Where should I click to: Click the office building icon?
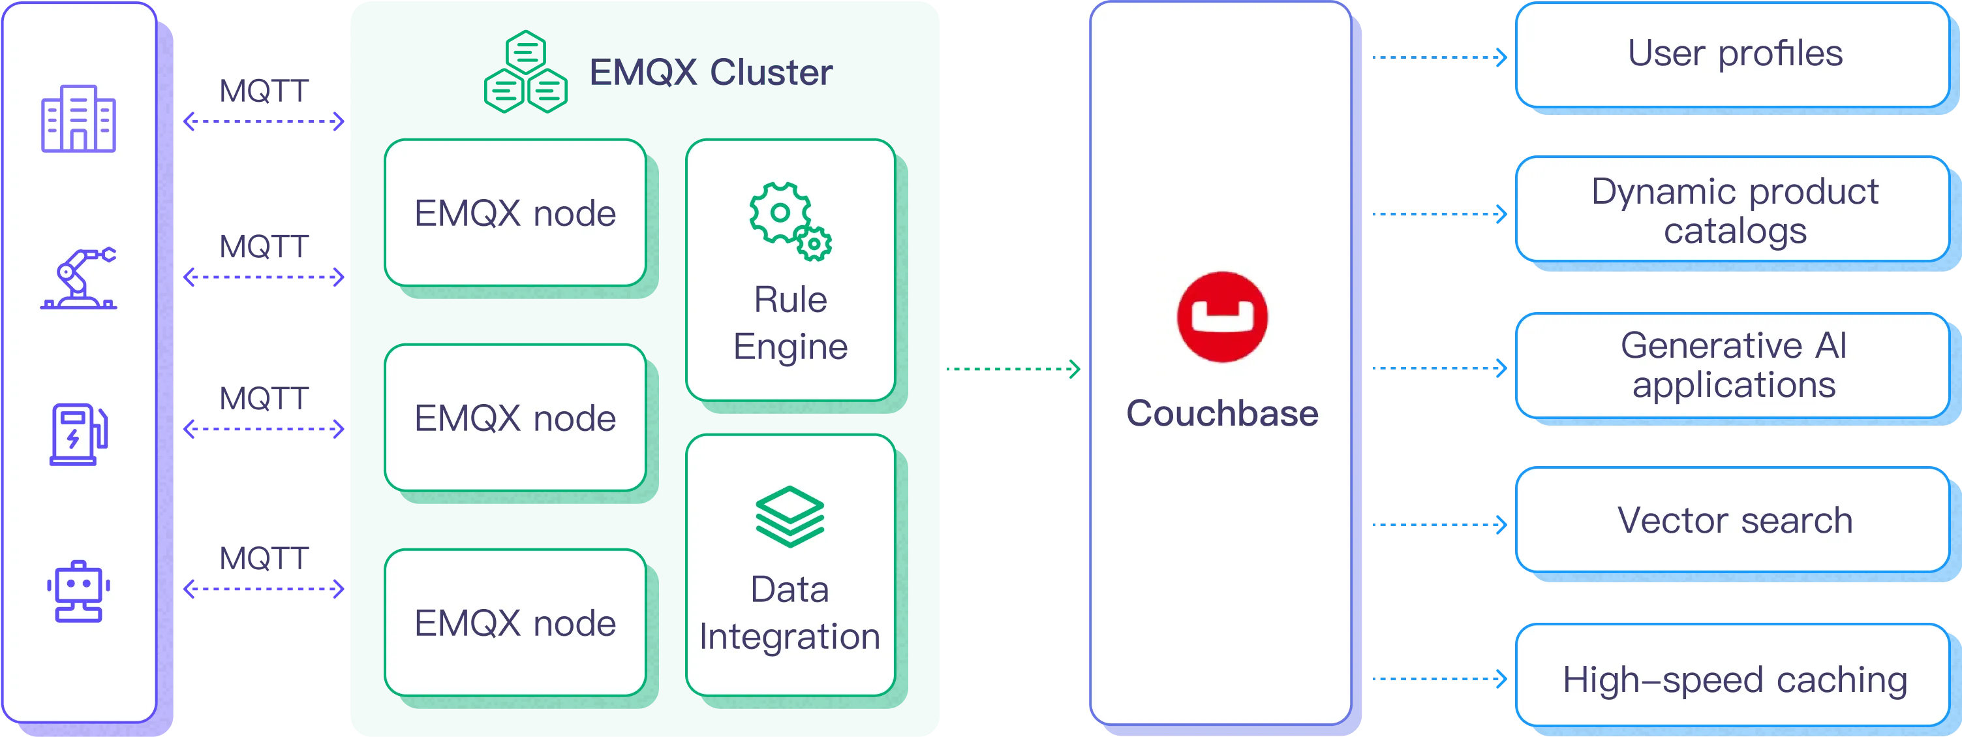coord(78,119)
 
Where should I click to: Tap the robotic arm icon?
coord(78,278)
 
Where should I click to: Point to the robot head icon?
coord(78,592)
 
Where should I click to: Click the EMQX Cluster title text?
coord(710,72)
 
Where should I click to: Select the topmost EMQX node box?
coord(515,213)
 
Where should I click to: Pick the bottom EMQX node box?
coord(515,623)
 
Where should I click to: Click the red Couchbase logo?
coord(1221,317)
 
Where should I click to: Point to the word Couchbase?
coord(1221,413)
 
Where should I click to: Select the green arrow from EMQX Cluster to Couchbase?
coord(1012,368)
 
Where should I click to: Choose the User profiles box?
coord(1734,54)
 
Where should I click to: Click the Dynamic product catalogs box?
coord(1734,210)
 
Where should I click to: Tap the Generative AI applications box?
coord(1734,365)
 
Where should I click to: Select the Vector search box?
coord(1734,520)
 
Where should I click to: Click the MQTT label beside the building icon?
coord(264,92)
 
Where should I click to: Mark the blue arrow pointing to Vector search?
coord(1439,524)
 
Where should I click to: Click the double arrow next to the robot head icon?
coord(264,589)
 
